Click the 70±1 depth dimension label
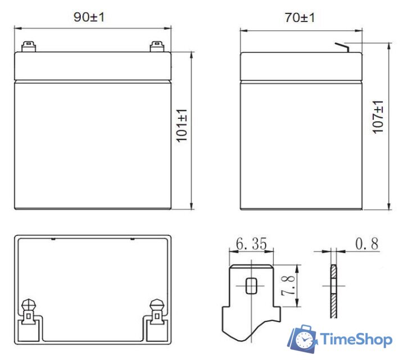coord(300,17)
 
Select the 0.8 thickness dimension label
coord(366,244)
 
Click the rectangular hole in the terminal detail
coord(251,286)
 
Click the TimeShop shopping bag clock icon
coord(303,339)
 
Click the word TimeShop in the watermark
coord(357,339)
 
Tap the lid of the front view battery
coord(92,65)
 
